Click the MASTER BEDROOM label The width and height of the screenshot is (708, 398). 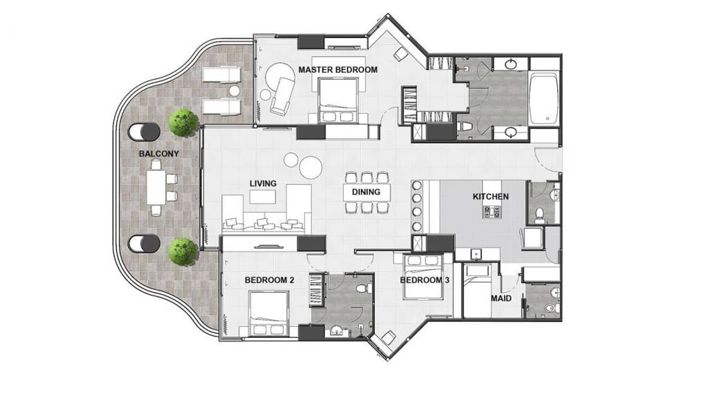click(338, 70)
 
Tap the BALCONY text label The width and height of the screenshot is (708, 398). click(159, 154)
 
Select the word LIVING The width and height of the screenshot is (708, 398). click(263, 184)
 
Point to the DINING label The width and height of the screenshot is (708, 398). click(366, 192)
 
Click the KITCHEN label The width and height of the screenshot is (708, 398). click(490, 197)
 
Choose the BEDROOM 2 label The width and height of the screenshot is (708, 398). click(269, 280)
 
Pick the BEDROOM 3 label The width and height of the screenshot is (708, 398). click(424, 280)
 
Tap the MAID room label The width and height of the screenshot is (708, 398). click(501, 299)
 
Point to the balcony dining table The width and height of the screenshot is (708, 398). click(156, 188)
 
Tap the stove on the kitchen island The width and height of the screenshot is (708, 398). click(491, 212)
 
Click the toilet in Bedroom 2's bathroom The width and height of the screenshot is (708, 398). click(363, 289)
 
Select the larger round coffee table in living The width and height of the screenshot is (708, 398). click(311, 167)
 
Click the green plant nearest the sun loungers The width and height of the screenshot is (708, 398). click(183, 122)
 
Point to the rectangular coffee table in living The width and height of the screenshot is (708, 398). click(263, 196)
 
